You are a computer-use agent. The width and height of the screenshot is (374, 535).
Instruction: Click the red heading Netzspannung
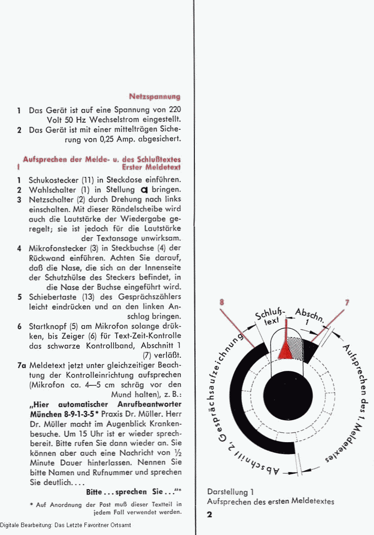pyautogui.click(x=155, y=97)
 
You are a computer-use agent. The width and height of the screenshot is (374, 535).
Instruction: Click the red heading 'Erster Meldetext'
pyautogui.click(x=151, y=167)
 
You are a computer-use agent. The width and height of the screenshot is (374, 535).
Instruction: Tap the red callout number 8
pyautogui.click(x=222, y=302)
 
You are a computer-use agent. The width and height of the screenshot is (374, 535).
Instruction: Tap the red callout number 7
pyautogui.click(x=347, y=303)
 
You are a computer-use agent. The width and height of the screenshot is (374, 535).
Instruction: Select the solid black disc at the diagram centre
pyautogui.click(x=288, y=396)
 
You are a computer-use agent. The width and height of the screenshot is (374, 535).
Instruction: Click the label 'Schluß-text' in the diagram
pyautogui.click(x=270, y=317)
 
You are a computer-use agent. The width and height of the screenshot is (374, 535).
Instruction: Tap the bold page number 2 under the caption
pyautogui.click(x=210, y=514)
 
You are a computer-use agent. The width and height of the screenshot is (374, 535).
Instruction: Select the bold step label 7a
pyautogui.click(x=22, y=366)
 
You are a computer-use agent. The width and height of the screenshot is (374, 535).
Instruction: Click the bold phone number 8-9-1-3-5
pyautogui.click(x=79, y=414)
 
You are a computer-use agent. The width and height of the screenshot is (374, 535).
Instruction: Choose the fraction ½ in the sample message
pyautogui.click(x=177, y=453)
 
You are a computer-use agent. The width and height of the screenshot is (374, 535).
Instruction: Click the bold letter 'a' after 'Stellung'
pyautogui.click(x=144, y=190)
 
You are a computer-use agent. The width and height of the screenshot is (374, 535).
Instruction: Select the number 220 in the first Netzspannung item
pyautogui.click(x=175, y=110)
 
